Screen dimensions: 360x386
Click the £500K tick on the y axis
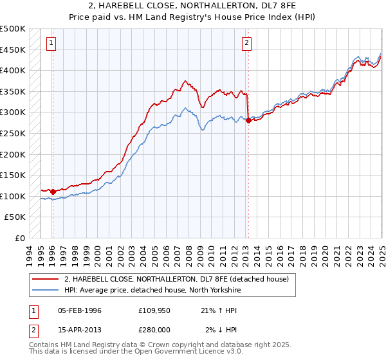(x=13, y=29)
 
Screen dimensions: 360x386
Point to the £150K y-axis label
(x=13, y=175)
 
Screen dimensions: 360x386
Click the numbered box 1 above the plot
(x=51, y=44)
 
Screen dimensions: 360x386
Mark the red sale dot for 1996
(x=53, y=192)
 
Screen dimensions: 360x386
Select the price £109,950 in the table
(x=154, y=310)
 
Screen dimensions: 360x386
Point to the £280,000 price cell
(x=154, y=330)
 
